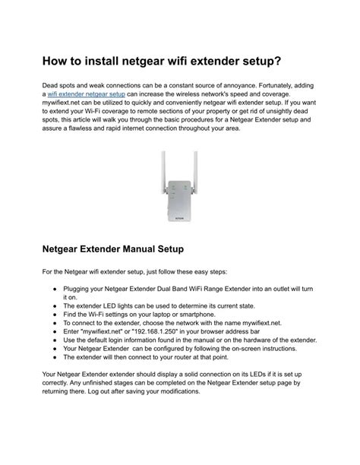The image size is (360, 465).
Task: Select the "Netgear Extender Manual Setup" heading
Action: tap(122, 248)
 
